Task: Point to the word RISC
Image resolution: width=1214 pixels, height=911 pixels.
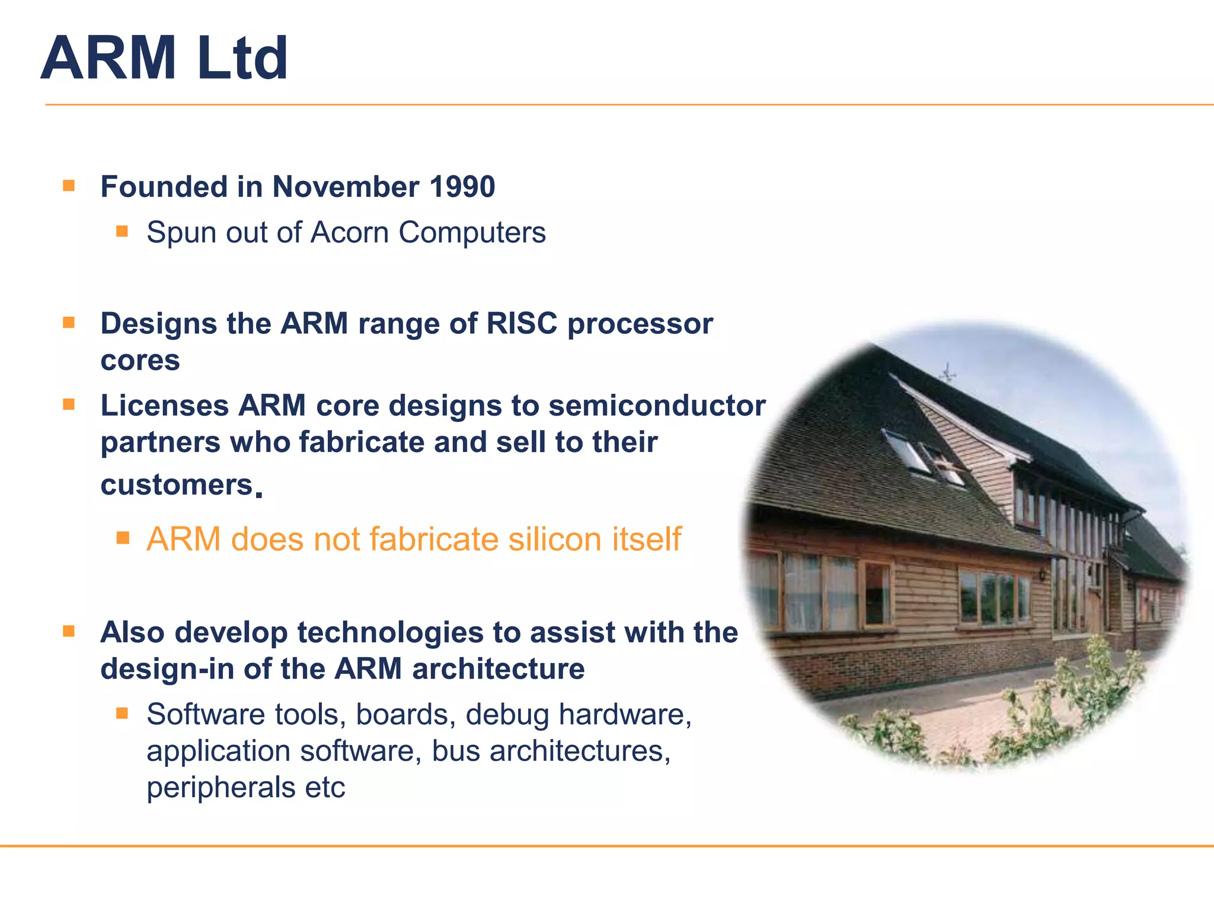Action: [x=522, y=324]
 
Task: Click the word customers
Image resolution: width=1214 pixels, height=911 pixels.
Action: [x=177, y=485]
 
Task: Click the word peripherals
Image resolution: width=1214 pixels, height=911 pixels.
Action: [x=221, y=788]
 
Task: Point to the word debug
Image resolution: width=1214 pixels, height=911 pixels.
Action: [x=507, y=714]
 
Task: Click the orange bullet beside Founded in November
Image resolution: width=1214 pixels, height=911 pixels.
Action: [x=69, y=186]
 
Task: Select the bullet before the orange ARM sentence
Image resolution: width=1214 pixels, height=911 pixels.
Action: [x=123, y=537]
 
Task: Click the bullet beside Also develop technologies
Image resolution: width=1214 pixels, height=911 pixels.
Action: [x=69, y=631]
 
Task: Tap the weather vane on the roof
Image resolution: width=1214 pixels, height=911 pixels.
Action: [x=948, y=373]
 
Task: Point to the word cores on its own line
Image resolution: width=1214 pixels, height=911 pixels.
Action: [x=140, y=361]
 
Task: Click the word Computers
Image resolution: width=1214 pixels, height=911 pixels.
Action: [x=472, y=232]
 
